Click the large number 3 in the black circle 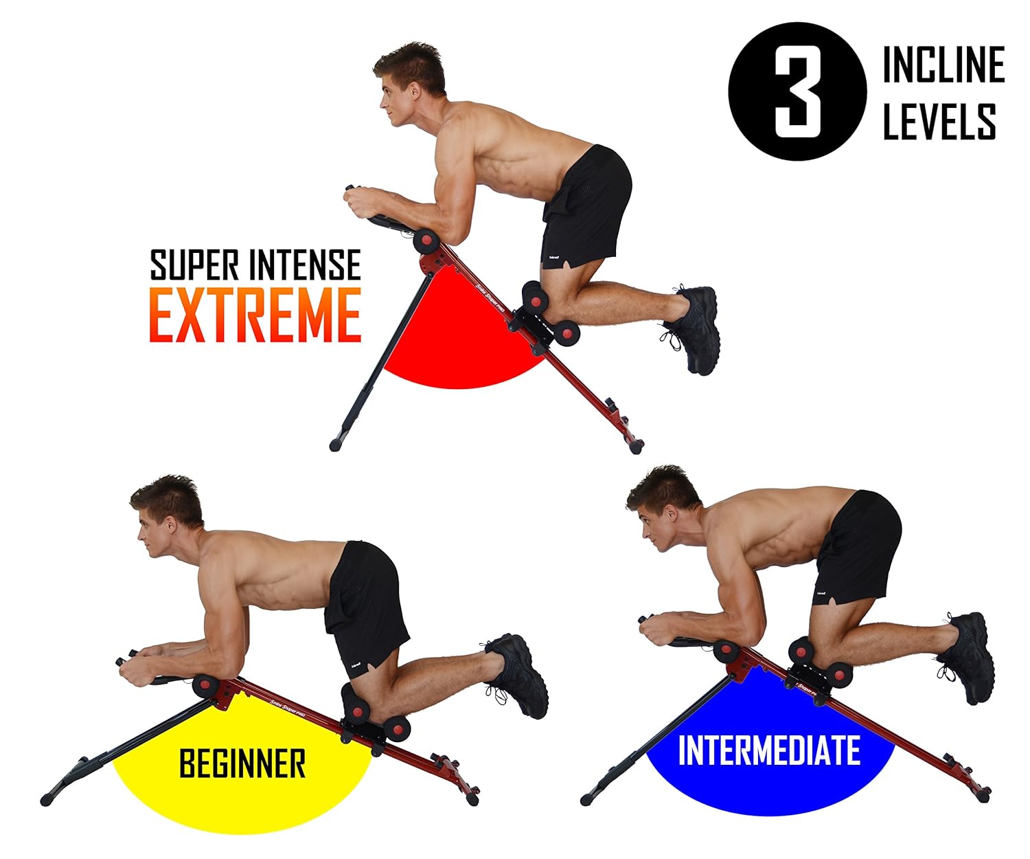tap(797, 91)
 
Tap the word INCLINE tap(943, 65)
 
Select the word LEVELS tap(939, 122)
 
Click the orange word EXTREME tap(255, 315)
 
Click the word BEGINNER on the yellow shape tap(242, 763)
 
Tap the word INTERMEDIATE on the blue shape tap(769, 750)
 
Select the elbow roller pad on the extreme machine tap(426, 242)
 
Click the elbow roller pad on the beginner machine tap(205, 685)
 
